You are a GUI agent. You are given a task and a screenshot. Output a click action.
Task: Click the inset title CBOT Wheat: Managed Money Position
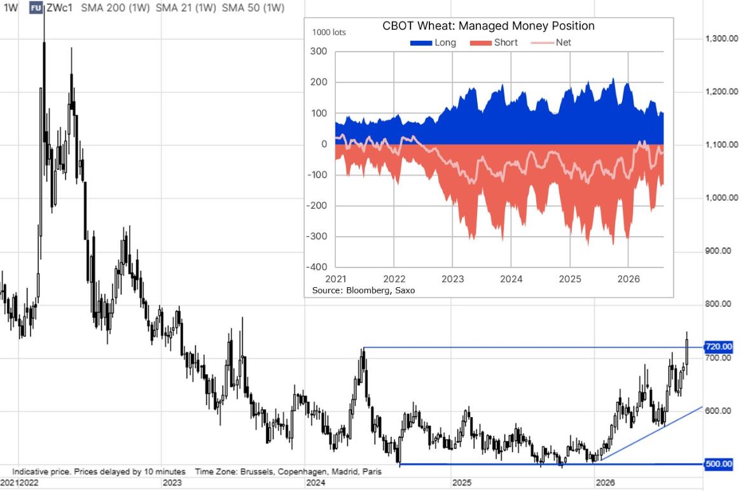[488, 25]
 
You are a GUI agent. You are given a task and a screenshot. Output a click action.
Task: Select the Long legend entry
[433, 43]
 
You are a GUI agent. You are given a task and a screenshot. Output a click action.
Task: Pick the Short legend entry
[494, 43]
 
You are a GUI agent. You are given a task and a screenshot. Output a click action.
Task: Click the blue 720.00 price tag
[718, 347]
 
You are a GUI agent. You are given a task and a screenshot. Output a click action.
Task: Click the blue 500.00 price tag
[718, 464]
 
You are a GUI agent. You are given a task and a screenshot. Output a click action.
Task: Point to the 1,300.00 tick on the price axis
[721, 38]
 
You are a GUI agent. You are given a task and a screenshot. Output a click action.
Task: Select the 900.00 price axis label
[718, 251]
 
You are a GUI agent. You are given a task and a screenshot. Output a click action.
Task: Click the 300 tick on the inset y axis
[319, 51]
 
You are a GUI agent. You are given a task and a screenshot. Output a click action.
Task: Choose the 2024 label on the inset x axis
[511, 279]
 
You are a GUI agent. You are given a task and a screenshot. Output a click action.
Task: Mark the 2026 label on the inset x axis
[628, 279]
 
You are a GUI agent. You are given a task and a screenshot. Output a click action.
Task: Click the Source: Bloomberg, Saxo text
[363, 290]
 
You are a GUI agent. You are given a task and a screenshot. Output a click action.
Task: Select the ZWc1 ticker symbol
[59, 8]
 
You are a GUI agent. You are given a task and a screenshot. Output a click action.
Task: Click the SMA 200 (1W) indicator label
[115, 8]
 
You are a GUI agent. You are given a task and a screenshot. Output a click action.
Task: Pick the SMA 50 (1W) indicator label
[253, 8]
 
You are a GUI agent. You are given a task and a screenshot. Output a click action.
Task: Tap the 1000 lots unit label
[329, 32]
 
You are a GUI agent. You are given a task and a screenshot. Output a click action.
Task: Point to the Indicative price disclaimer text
[99, 471]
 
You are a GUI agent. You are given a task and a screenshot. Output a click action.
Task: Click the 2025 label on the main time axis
[462, 483]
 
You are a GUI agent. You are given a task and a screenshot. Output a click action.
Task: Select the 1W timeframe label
[10, 8]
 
